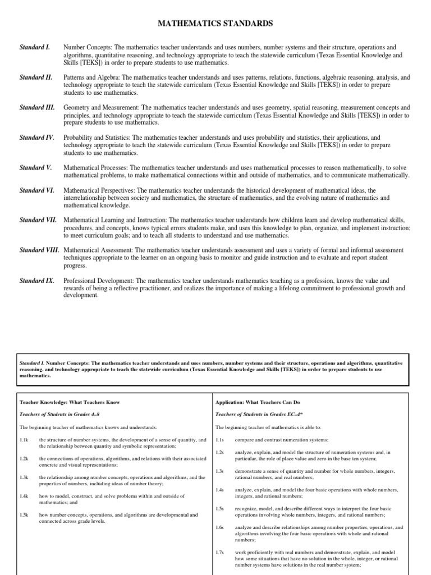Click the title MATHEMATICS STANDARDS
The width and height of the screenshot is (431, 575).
215,24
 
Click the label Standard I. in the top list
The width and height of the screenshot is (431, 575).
35,48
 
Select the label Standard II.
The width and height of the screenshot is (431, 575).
36,77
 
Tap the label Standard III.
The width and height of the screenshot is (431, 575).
37,107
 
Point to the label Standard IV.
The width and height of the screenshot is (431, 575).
37,138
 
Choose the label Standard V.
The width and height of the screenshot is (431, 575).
35,168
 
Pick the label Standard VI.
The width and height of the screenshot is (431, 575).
37,191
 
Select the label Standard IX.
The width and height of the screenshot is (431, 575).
36,280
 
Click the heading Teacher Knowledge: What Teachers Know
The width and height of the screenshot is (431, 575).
70,403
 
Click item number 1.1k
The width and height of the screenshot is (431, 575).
24,440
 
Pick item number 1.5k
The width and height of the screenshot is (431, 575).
24,514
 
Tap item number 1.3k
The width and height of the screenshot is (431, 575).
24,477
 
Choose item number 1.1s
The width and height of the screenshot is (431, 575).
220,440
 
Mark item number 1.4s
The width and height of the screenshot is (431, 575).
220,490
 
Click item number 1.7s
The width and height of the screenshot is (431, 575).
220,553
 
